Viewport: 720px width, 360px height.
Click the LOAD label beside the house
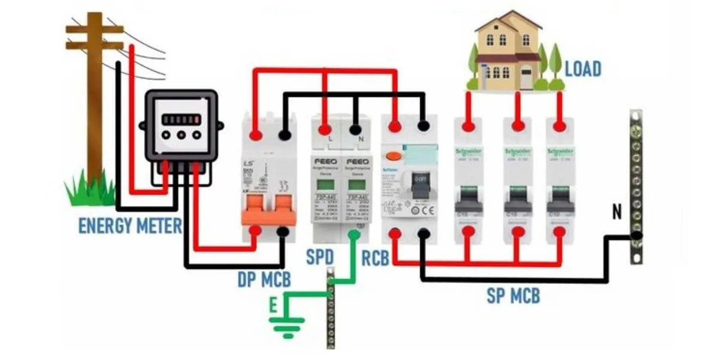coord(583,69)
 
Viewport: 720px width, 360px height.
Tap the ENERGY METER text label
coord(130,226)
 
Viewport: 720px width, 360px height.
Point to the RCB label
coord(376,258)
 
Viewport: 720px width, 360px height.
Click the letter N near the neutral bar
coord(616,211)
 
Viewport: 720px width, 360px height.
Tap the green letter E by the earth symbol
coord(273,306)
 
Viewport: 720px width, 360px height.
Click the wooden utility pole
coord(94,90)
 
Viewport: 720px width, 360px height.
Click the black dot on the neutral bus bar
coord(635,236)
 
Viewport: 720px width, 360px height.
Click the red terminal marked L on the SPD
coord(325,128)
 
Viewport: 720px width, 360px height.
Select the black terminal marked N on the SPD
coord(355,128)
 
